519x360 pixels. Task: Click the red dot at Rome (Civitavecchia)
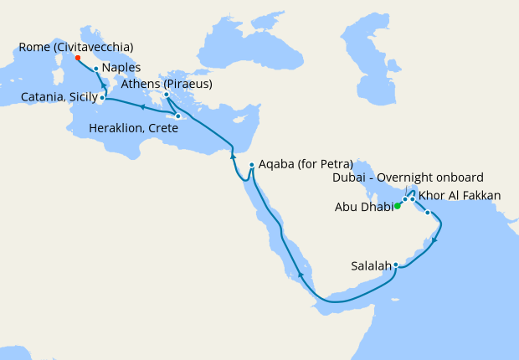pyautogui.click(x=77, y=58)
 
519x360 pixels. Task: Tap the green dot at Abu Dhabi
pyautogui.click(x=398, y=206)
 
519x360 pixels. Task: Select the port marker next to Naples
pyautogui.click(x=96, y=69)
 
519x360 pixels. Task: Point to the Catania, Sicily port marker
pyautogui.click(x=102, y=98)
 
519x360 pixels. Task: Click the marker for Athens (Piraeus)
pyautogui.click(x=167, y=95)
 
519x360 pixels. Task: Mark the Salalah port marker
pyautogui.click(x=396, y=266)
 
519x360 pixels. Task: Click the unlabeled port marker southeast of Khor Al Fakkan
pyautogui.click(x=428, y=213)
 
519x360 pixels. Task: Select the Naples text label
pyautogui.click(x=121, y=68)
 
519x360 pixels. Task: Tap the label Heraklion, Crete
pyautogui.click(x=133, y=128)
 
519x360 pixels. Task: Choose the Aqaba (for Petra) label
pyautogui.click(x=306, y=163)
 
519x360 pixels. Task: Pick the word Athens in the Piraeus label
pyautogui.click(x=139, y=84)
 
